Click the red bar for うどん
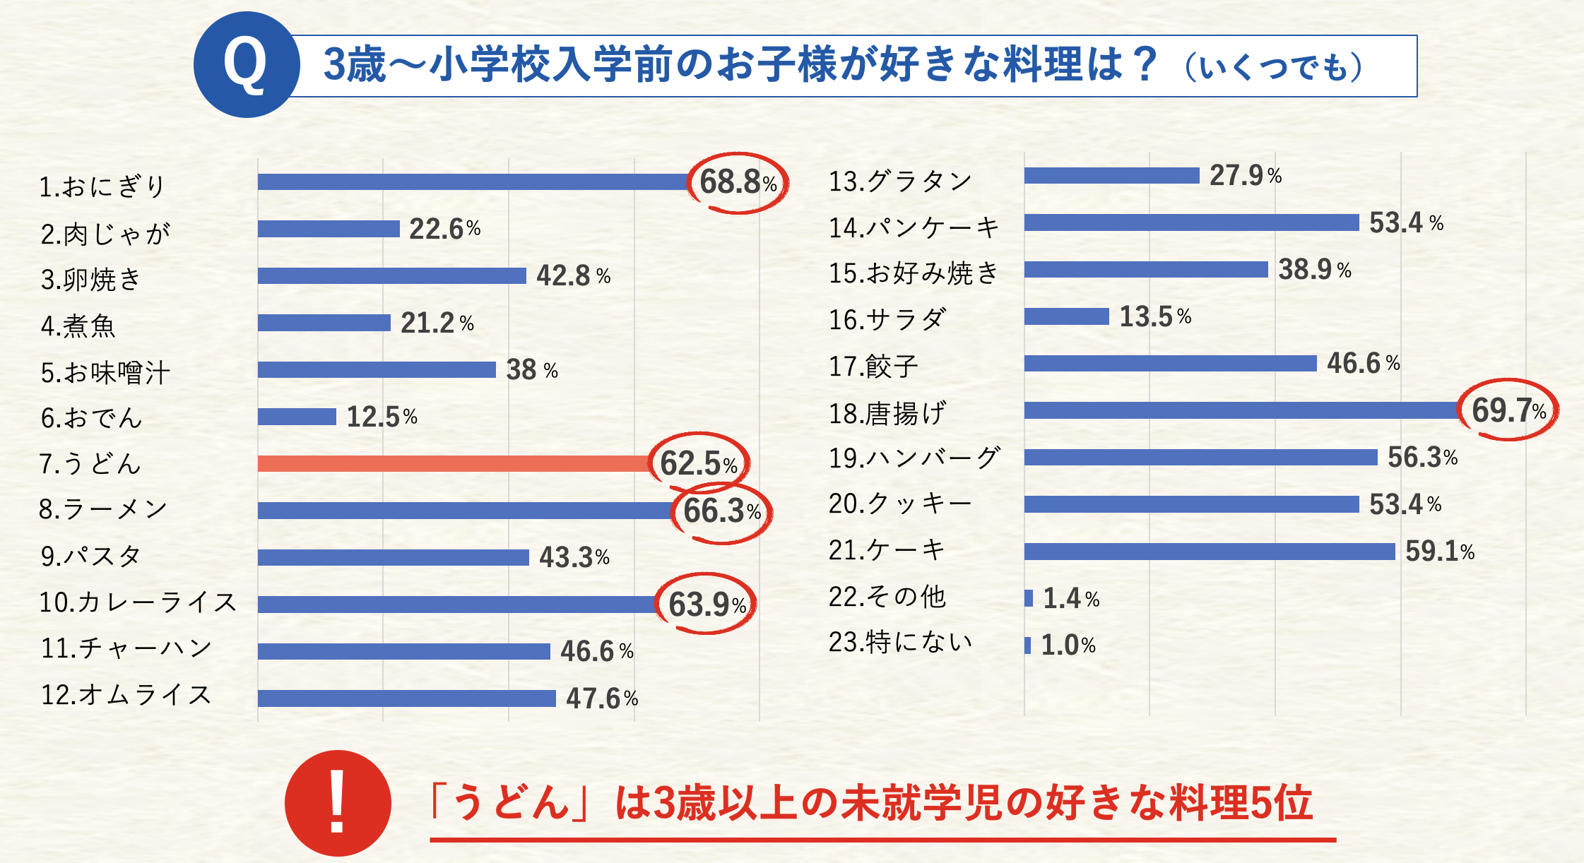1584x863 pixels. coord(452,463)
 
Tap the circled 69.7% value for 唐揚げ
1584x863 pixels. coord(1508,410)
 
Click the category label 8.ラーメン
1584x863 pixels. coord(103,508)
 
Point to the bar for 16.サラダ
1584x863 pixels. coord(1066,316)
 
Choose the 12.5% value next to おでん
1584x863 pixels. coord(382,417)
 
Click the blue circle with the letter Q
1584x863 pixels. coord(246,65)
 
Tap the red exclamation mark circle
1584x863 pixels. coord(338,803)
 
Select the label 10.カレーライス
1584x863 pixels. coord(138,602)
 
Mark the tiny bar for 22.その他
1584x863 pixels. coord(1029,598)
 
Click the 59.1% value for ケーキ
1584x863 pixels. coord(1439,552)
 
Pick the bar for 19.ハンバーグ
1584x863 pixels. coord(1200,458)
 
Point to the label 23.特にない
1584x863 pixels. coord(900,643)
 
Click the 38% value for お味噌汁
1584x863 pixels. coord(531,369)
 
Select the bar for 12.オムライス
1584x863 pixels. coord(406,698)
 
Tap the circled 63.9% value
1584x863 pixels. coord(707,605)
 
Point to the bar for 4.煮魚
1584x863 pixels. coord(324,323)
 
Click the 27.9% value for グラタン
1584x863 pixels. coord(1245,175)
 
